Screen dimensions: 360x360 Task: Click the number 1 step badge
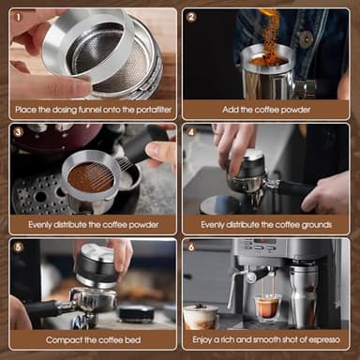19,16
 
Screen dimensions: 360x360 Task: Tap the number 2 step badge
191,16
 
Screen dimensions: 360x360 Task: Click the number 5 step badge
19,247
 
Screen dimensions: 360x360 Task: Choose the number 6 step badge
191,247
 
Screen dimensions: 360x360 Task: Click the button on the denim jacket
306,38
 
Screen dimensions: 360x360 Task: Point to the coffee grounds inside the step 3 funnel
90,177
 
